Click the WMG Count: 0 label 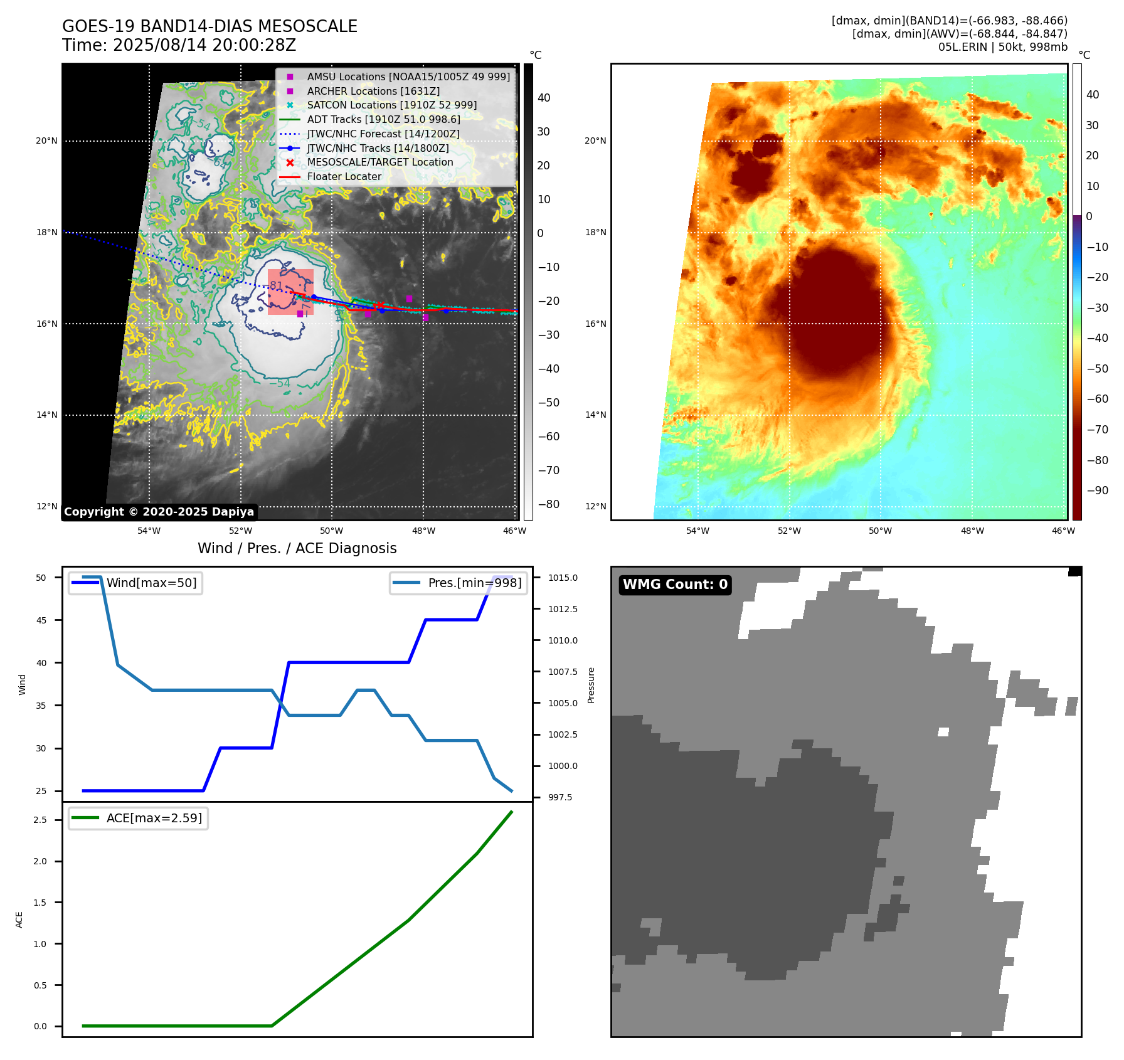pos(675,585)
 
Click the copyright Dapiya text pos(159,512)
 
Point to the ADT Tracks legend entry pos(383,119)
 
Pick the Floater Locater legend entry pos(344,177)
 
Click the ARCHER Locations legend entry pos(373,91)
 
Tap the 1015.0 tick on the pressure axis pos(563,578)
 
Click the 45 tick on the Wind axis pos(41,620)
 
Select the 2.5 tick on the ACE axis pos(40,820)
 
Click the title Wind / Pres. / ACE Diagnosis pos(297,548)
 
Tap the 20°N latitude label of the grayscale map pos(46,140)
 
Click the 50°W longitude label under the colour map pos(880,531)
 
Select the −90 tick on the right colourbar pos(1097,490)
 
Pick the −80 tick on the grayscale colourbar pos(549,504)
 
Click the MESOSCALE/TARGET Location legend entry pos(379,162)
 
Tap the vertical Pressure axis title pos(591,685)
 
